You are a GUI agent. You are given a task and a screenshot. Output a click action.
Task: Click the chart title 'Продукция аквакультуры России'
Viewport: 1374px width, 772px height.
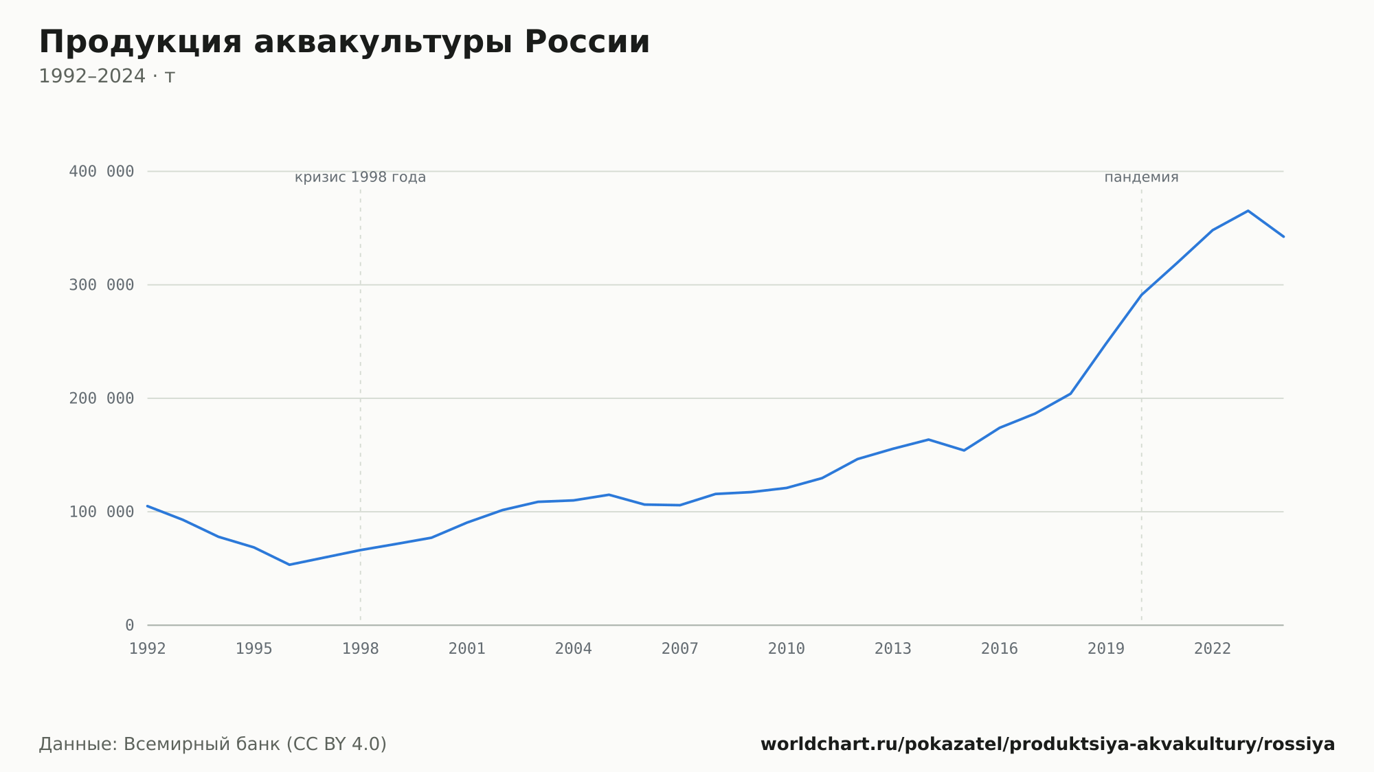pos(344,43)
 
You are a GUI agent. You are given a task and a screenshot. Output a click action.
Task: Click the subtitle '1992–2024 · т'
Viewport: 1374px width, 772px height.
pos(107,76)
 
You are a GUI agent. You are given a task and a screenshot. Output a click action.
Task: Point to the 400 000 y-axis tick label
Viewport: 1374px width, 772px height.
pos(102,172)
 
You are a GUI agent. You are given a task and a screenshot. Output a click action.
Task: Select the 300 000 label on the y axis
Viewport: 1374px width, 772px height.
pos(102,285)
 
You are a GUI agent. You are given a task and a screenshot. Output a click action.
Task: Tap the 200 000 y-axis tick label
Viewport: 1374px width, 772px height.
pos(102,398)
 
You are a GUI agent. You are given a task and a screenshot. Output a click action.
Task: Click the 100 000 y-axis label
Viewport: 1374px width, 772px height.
pos(102,512)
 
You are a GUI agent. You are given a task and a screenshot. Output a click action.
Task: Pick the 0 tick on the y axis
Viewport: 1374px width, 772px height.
pos(130,626)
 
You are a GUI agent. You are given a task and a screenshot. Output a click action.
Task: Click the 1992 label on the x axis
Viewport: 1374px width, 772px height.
pos(148,649)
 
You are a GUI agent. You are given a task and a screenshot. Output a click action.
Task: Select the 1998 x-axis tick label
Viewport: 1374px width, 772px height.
pos(361,649)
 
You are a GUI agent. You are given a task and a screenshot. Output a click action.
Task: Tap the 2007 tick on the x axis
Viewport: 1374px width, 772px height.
pos(680,649)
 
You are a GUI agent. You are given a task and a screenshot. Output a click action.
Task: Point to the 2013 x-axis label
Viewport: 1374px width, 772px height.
pos(893,649)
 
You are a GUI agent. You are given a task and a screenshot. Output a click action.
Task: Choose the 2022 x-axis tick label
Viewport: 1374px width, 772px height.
pos(1213,649)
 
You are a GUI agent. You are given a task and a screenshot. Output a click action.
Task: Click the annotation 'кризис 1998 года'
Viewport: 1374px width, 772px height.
pos(361,177)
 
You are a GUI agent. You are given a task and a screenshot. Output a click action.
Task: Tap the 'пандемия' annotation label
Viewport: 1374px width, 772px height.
pos(1142,177)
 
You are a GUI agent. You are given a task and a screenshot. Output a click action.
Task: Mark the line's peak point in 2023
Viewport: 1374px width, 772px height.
pos(1248,211)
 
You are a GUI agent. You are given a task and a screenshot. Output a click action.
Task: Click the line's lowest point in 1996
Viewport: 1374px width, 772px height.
pos(289,565)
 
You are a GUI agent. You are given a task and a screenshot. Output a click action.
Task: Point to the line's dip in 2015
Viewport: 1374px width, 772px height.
pos(964,451)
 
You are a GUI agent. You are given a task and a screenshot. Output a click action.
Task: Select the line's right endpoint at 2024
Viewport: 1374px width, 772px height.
pos(1283,236)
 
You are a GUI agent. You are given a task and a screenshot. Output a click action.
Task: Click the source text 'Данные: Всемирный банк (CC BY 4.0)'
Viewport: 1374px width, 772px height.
pos(213,745)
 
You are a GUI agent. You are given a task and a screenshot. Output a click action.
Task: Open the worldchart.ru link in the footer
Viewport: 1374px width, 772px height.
pos(1048,745)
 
